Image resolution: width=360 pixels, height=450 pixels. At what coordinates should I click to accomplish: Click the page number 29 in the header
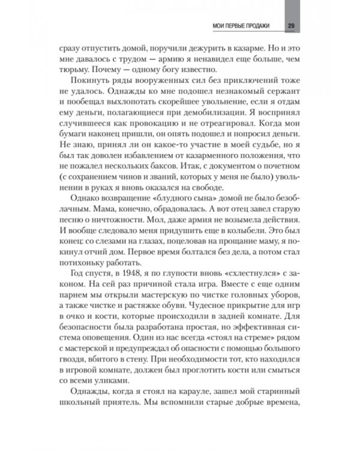(x=290, y=25)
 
